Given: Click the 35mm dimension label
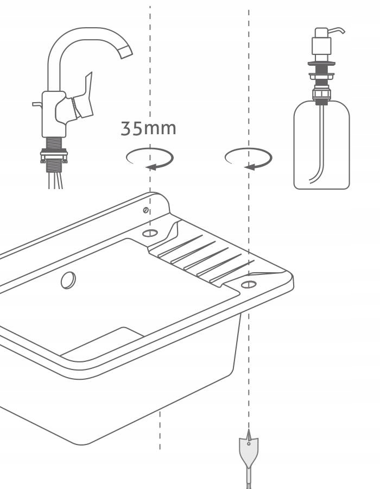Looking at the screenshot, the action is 148,128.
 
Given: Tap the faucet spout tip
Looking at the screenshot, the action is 126,52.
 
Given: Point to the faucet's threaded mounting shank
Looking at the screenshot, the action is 54,154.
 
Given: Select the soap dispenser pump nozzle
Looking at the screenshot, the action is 336,30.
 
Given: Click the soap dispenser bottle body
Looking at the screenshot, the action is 322,145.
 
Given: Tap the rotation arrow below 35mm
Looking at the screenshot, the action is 150,159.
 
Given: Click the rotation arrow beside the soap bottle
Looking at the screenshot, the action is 249,159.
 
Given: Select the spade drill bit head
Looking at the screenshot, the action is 249,448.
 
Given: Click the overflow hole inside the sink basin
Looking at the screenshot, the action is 68,280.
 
